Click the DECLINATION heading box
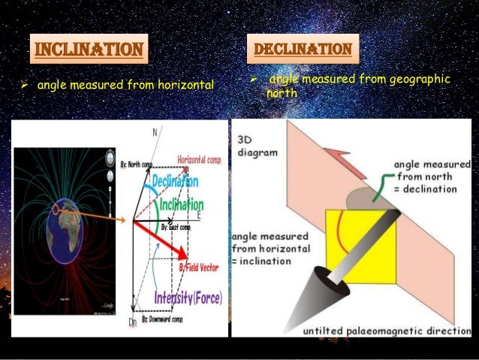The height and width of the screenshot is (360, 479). coord(303,50)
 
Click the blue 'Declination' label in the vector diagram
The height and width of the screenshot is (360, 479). coord(174,183)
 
